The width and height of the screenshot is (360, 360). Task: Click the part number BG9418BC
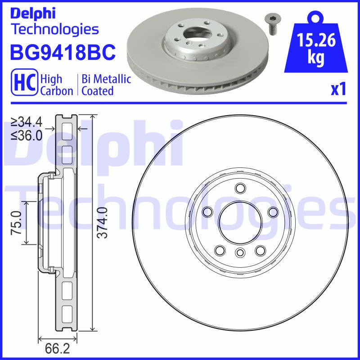[63, 53]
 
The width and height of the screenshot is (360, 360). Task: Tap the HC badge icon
[25, 84]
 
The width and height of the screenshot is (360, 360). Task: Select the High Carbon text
[56, 85]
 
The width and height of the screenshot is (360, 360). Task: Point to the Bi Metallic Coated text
[106, 85]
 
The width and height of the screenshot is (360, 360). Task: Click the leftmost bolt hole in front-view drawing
[207, 211]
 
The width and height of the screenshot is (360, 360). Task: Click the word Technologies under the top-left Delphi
[54, 29]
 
